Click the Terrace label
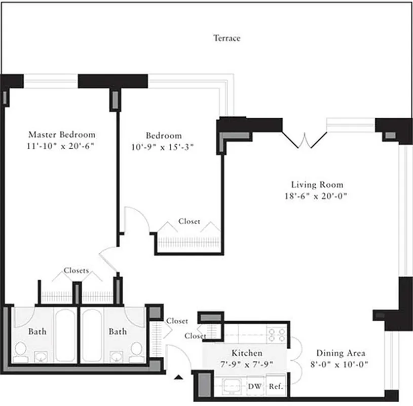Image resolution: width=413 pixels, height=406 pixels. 227,38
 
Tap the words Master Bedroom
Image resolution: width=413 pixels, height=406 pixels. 61,135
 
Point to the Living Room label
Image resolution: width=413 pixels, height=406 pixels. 317,185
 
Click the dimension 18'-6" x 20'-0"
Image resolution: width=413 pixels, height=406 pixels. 317,196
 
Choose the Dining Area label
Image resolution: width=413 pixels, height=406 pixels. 341,353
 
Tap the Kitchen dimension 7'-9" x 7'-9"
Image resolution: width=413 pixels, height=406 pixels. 247,364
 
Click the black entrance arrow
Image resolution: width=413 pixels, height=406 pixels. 178,377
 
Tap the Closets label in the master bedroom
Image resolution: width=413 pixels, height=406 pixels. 77,270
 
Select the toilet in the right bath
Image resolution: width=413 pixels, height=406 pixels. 136,350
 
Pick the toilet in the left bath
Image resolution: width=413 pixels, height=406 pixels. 20,350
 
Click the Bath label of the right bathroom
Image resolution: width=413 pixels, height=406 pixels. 118,331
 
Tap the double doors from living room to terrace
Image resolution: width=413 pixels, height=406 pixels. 304,140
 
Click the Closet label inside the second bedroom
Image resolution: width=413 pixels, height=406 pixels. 189,222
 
